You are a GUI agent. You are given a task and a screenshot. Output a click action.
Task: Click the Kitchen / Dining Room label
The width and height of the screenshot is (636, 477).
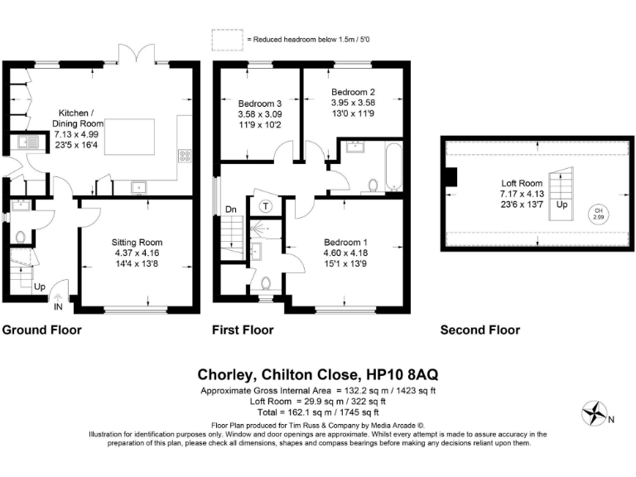pos(78,118)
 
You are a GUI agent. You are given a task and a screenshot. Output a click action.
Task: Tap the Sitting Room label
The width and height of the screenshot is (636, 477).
pos(137,242)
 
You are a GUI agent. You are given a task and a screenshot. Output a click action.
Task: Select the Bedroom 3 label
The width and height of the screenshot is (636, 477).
pos(259,104)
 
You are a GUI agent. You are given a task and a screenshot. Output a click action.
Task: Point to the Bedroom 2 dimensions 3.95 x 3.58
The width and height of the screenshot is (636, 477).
pos(353,103)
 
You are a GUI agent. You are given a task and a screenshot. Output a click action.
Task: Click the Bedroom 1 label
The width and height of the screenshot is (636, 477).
pos(345,242)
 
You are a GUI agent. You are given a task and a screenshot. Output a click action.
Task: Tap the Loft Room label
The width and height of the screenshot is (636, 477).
pos(522,183)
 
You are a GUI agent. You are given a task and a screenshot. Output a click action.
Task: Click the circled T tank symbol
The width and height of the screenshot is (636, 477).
pos(266,206)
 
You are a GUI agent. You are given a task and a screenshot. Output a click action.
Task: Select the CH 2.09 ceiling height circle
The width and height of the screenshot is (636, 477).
pos(598,214)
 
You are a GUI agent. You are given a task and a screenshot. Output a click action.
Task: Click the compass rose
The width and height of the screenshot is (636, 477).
pos(595,413)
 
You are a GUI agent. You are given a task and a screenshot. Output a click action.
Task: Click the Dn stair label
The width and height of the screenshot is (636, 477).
pos(231,210)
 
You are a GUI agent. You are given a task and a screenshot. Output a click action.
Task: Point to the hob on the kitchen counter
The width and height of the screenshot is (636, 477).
pos(185,157)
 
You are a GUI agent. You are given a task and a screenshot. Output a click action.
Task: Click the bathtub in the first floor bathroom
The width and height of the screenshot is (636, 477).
pos(394,166)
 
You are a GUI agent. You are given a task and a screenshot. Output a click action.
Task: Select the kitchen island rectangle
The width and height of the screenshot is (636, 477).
pos(129,137)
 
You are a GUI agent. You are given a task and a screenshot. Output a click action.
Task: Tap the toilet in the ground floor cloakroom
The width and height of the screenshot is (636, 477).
pos(20,237)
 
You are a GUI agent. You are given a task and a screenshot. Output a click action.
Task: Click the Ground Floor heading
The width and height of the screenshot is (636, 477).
pos(41,330)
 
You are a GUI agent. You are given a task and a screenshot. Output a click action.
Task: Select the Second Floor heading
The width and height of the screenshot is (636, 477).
pos(480,330)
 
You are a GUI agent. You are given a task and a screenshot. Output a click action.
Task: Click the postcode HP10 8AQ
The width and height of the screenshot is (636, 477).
pos(402,374)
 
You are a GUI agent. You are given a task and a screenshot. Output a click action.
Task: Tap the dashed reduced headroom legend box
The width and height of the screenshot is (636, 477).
pos(227,40)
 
